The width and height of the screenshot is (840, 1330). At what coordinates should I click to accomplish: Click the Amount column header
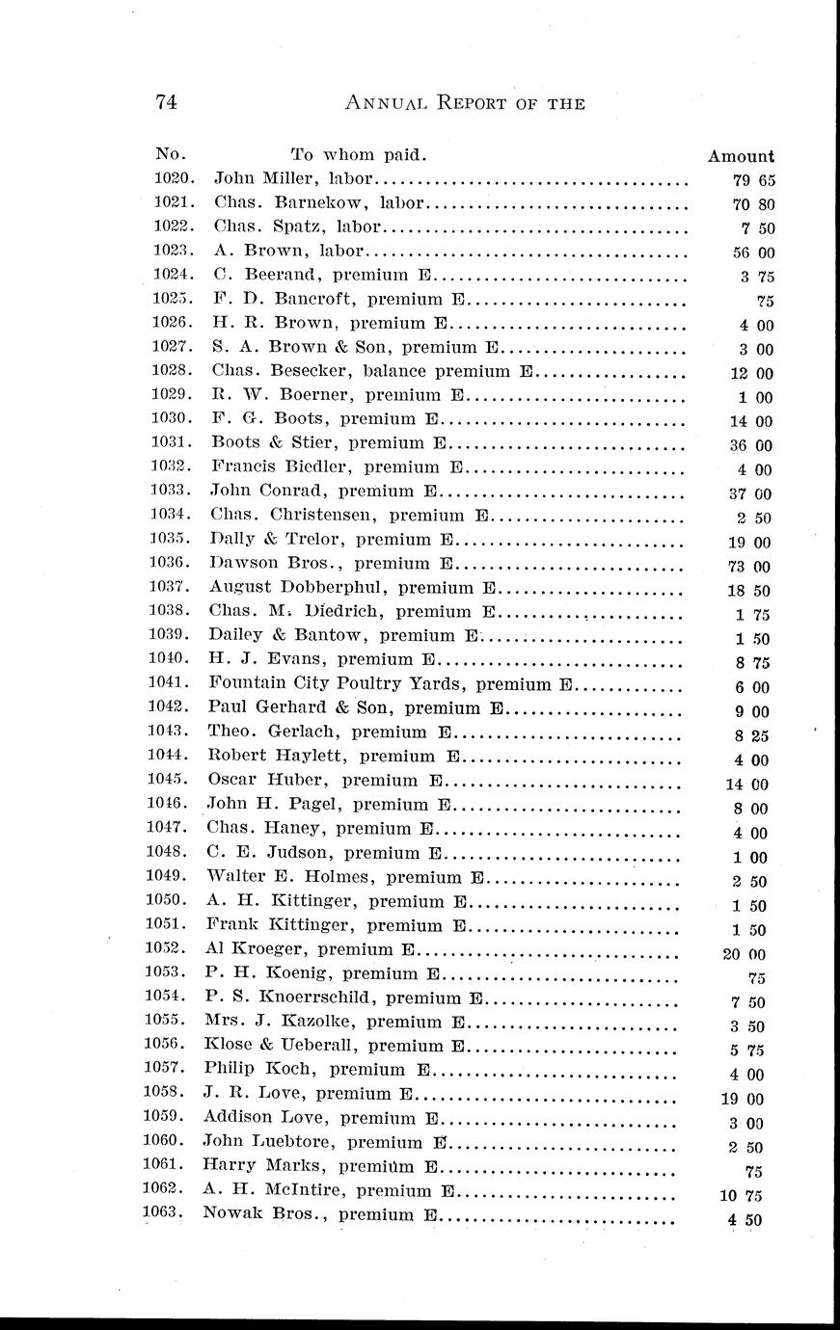[x=740, y=156]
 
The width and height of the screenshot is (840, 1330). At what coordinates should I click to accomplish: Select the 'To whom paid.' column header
[x=358, y=154]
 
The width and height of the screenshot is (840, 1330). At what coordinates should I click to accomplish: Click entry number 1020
[x=175, y=178]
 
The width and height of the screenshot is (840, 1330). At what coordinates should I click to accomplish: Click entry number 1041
[x=173, y=684]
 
